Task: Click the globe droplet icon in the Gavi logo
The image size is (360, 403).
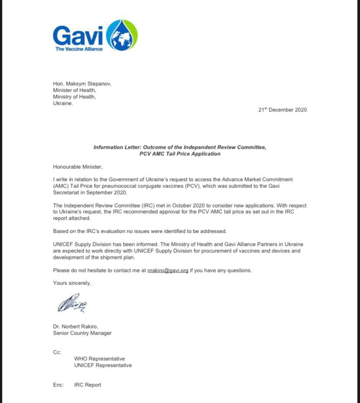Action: (x=122, y=36)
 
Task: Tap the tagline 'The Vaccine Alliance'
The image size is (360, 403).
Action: (x=79, y=49)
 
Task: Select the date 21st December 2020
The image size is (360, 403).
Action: (x=282, y=110)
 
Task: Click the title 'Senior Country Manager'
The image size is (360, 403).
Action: (x=82, y=333)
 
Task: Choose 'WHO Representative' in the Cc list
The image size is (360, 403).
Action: (x=100, y=359)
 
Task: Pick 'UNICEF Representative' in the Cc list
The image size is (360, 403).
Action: (x=103, y=365)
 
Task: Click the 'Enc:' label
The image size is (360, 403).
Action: (x=59, y=385)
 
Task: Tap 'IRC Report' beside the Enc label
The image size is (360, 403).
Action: (x=88, y=385)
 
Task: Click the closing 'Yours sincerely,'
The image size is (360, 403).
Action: (x=72, y=283)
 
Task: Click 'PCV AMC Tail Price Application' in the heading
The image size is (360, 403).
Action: (x=180, y=154)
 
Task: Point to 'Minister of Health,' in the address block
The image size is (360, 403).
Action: (x=75, y=90)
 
